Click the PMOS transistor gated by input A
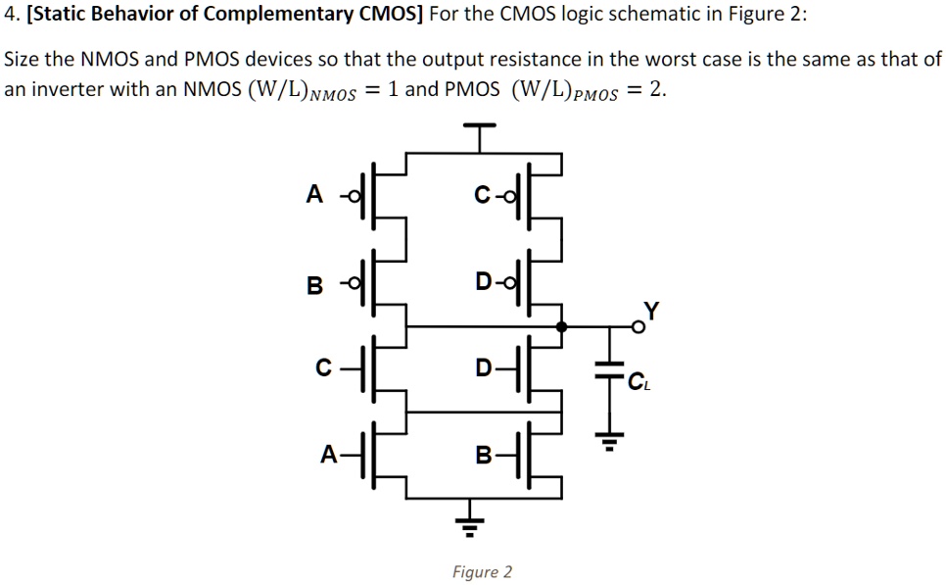(382, 196)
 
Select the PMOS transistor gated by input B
(382, 284)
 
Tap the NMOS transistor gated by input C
(382, 370)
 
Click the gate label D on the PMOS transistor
(484, 284)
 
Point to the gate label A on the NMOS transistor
(329, 454)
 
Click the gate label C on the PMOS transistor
(482, 196)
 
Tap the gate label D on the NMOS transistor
(483, 368)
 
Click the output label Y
(652, 311)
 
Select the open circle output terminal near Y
(638, 327)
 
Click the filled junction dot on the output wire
(561, 327)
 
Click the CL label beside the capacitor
(639, 383)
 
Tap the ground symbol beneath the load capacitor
(609, 443)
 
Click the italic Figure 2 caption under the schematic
(481, 571)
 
